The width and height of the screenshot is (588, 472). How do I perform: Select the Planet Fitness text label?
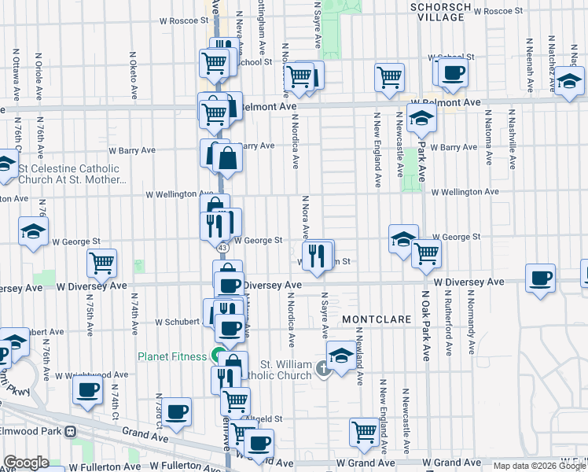click(x=172, y=356)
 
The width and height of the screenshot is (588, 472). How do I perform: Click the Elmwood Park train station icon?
click(x=70, y=432)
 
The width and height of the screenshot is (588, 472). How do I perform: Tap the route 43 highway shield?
click(x=222, y=248)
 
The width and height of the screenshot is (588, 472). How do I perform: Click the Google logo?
click(x=27, y=462)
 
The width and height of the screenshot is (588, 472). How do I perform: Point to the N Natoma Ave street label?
click(x=488, y=138)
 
